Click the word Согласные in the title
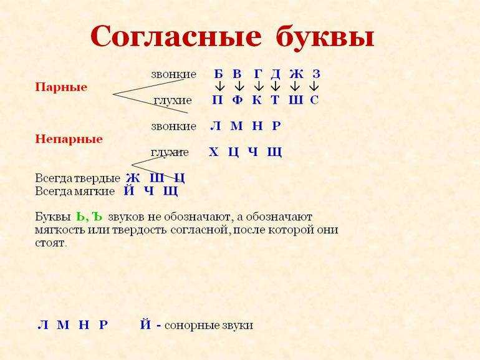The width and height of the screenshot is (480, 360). pos(176,36)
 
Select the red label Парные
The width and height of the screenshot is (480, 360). pos(61,87)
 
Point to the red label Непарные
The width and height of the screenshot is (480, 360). pos(69,139)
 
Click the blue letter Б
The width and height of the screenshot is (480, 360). pos(218,74)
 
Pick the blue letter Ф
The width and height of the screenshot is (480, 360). pos(238,100)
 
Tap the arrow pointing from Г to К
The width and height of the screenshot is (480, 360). pos(259,86)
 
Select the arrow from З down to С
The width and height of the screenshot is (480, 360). pos(314,86)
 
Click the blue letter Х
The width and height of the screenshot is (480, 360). pos(213,152)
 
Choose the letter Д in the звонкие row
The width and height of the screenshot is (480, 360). pos(276,74)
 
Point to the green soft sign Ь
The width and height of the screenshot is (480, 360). pos(80,217)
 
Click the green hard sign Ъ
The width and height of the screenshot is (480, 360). pos(97,217)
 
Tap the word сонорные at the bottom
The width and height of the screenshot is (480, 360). pos(193,326)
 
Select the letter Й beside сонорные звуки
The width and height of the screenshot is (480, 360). pos(146,324)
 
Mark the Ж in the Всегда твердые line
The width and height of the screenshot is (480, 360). pos(133,178)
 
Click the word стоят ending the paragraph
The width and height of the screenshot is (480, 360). pos(50,243)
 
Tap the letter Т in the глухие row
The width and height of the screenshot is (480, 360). pos(275,100)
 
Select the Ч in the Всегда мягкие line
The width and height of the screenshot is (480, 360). pos(149,191)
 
